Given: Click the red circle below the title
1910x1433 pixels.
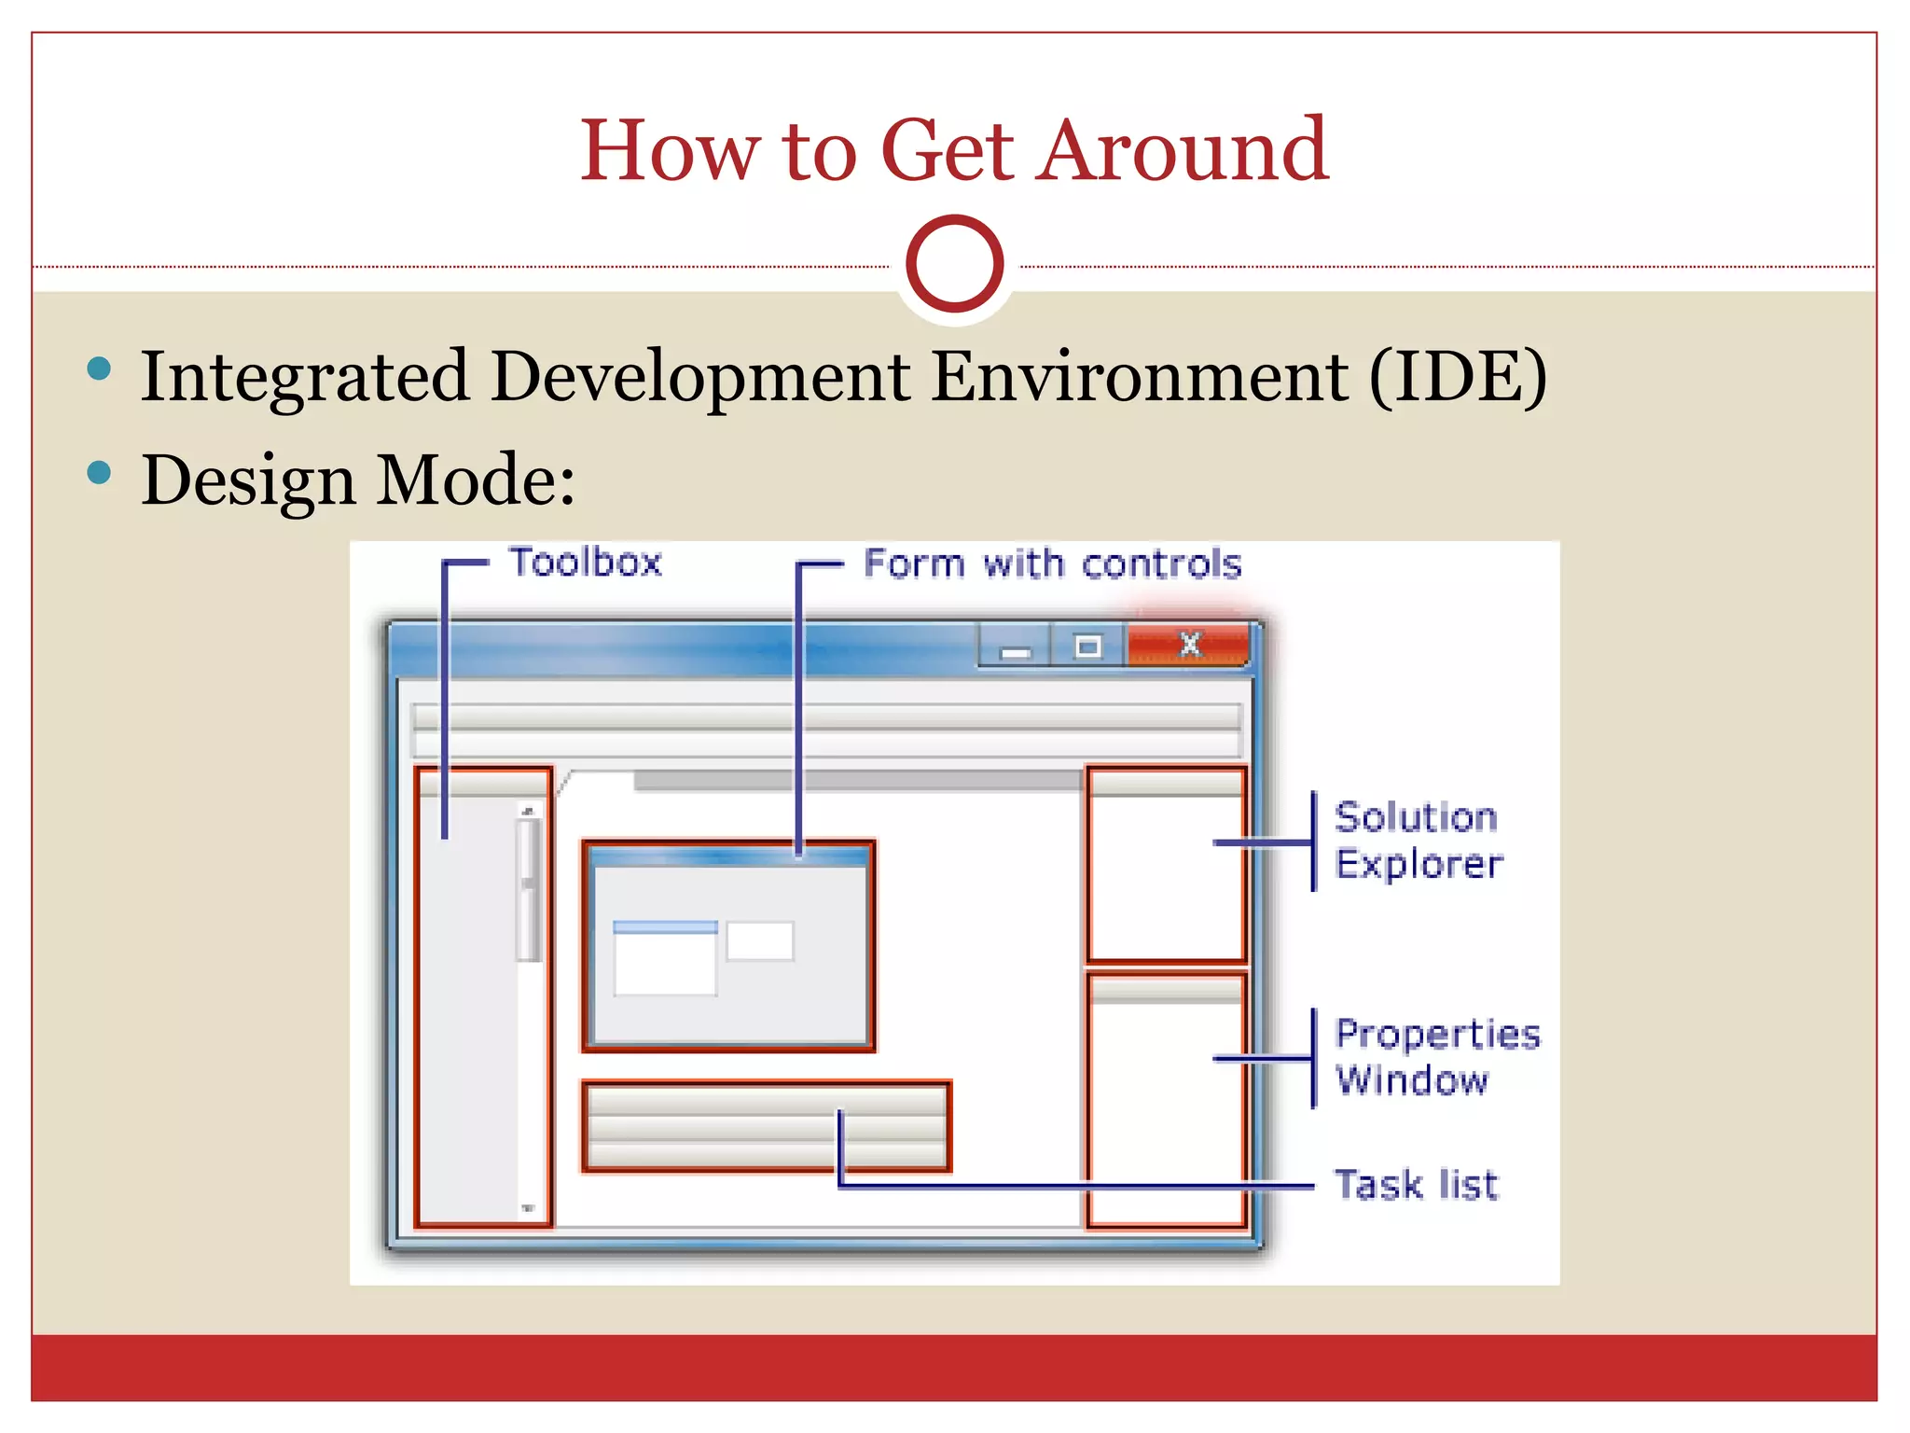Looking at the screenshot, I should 954,264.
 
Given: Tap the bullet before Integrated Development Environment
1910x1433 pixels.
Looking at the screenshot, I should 99,369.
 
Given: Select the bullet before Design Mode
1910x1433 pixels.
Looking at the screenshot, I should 99,473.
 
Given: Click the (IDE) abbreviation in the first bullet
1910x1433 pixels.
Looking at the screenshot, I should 1458,376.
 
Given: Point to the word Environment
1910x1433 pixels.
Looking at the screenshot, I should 1140,376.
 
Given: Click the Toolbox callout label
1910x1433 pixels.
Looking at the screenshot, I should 586,563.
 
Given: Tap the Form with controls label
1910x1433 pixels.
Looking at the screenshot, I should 1052,564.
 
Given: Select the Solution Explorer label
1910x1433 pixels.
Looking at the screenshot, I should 1418,841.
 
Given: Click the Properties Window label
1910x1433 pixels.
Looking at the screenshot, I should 1436,1057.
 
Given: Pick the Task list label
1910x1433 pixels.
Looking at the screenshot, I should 1416,1185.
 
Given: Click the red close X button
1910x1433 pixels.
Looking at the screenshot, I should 1189,645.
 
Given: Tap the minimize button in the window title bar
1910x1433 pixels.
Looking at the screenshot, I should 1015,647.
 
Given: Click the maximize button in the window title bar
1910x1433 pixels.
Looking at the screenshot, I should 1087,647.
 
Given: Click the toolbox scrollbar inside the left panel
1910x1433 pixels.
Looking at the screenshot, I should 529,886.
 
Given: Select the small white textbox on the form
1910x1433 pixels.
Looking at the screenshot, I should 760,940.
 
